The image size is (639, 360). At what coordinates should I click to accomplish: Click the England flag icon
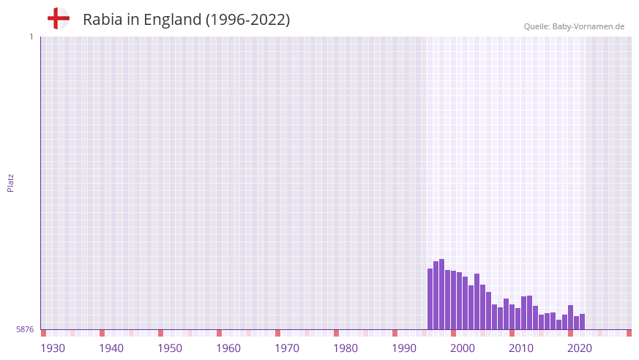point(58,18)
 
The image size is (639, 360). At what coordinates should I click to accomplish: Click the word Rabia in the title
point(103,20)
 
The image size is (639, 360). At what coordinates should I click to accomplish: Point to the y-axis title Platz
point(10,183)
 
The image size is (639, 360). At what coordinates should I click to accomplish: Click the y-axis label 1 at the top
point(31,37)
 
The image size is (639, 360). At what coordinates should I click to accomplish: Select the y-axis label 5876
point(25,330)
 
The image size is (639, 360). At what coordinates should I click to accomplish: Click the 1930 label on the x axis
point(53,348)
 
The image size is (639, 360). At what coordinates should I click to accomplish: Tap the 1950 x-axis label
point(170,348)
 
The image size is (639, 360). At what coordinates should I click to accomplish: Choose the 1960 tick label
point(228,348)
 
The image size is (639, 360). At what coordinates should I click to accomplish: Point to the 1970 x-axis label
point(287,348)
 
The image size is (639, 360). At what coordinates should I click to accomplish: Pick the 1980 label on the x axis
point(345,348)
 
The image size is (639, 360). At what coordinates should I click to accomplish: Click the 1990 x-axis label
point(404,348)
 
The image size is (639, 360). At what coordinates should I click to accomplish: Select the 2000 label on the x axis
point(463,348)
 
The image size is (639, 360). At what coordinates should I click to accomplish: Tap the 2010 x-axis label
point(521,348)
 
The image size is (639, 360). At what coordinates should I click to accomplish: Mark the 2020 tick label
point(580,348)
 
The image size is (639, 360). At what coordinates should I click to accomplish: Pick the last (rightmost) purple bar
point(582,322)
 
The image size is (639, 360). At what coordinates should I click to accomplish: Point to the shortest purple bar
point(558,325)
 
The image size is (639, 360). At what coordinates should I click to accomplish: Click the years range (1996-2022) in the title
point(248,20)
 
